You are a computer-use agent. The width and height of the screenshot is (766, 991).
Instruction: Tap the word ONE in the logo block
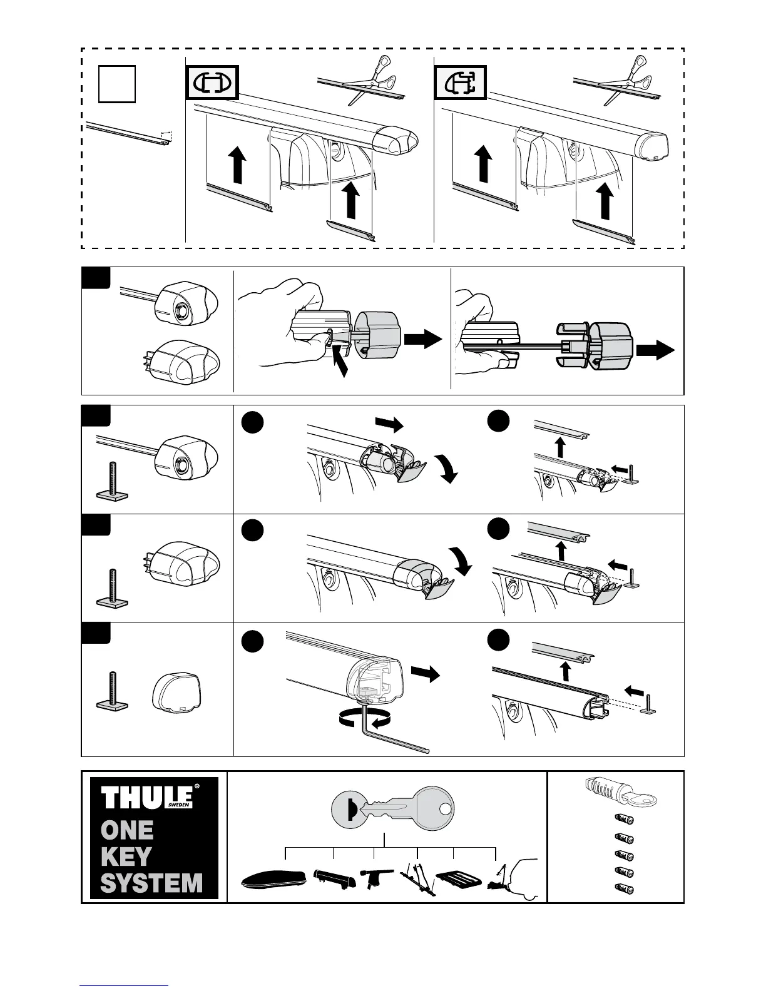tap(127, 830)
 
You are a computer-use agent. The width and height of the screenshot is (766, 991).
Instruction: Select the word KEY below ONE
tap(126, 856)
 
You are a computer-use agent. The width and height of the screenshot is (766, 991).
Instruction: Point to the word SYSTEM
tap(151, 883)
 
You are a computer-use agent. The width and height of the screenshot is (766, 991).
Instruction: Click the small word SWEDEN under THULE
tap(178, 806)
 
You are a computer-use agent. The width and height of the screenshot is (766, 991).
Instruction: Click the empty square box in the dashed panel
tap(117, 84)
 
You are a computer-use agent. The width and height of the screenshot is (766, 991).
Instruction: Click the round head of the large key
tap(434, 809)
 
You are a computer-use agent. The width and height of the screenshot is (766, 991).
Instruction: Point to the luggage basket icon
tap(458, 879)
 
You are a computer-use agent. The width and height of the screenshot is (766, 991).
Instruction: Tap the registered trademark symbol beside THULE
tap(198, 787)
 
